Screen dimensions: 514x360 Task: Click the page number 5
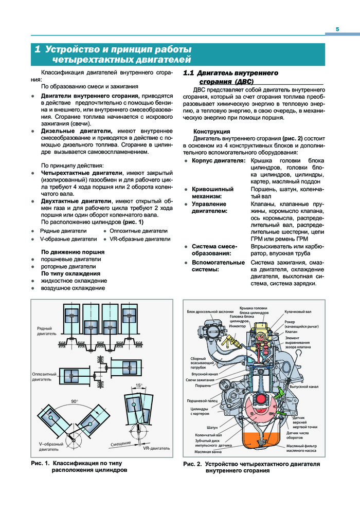(x=337, y=29)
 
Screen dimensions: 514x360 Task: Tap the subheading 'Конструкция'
(x=211, y=132)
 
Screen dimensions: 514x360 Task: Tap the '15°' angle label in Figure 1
(x=139, y=385)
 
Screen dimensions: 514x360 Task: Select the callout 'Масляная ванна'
(x=208, y=452)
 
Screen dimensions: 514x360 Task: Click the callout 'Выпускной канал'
(x=304, y=386)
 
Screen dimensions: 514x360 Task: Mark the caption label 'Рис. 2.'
(x=192, y=464)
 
